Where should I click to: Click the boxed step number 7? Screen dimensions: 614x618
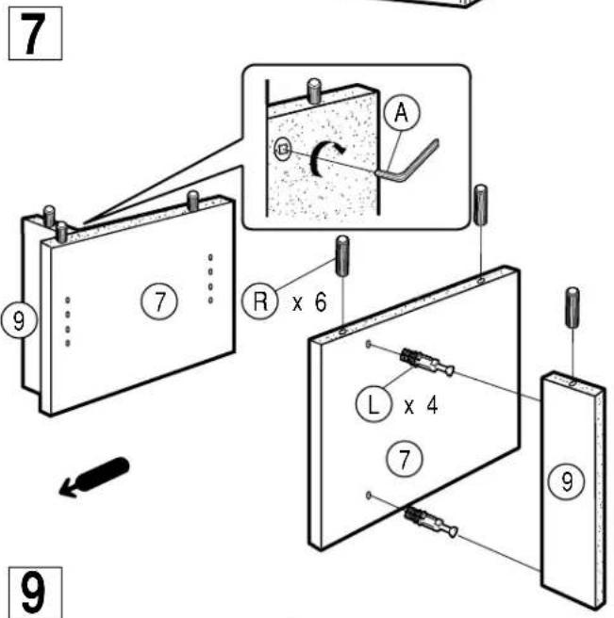click(35, 34)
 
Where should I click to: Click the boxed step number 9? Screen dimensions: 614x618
click(35, 592)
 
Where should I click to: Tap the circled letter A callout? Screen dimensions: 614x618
click(402, 113)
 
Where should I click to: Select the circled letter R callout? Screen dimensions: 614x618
click(260, 301)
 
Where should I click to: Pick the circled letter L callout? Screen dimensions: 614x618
click(373, 404)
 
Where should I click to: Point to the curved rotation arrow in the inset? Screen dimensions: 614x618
click(325, 158)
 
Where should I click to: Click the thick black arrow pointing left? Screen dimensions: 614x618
click(94, 478)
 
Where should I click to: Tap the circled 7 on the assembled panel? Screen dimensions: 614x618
click(159, 301)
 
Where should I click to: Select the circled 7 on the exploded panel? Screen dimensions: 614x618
click(404, 459)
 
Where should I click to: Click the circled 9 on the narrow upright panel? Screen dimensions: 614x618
click(566, 481)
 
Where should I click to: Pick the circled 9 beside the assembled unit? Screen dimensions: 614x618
click(19, 320)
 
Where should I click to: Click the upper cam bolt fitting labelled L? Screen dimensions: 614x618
click(427, 362)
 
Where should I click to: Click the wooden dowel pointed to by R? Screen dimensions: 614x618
click(342, 256)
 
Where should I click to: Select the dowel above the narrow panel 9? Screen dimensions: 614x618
click(573, 307)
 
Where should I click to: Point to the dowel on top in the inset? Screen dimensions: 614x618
click(314, 90)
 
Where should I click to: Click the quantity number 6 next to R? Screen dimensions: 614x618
click(321, 302)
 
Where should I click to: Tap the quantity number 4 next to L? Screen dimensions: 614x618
click(432, 405)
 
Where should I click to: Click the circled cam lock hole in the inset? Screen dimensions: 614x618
click(283, 149)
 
